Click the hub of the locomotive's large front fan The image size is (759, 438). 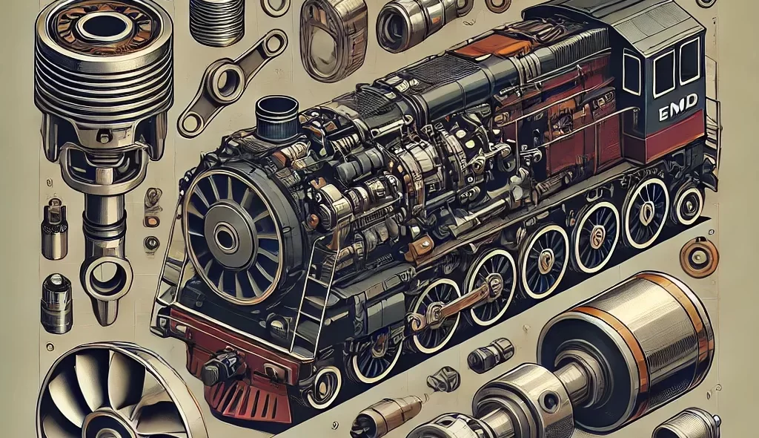click(x=225, y=237)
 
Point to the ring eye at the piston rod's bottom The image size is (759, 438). click(x=107, y=276)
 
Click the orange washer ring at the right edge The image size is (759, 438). click(x=699, y=256)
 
